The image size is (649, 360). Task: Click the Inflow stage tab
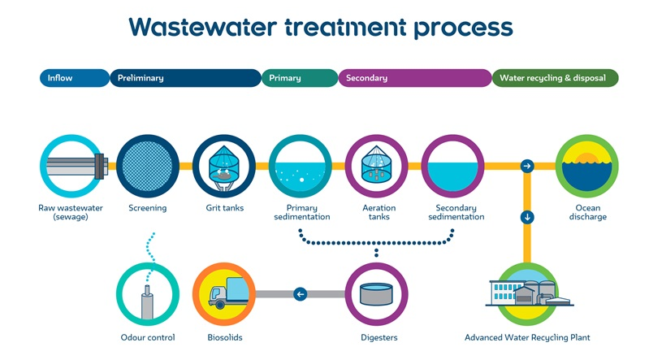[x=73, y=78]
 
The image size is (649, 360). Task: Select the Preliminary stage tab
[x=185, y=78]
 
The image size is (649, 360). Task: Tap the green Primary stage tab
[x=299, y=78]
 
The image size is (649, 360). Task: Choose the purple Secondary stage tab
[x=414, y=78]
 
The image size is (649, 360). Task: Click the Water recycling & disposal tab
[x=555, y=78]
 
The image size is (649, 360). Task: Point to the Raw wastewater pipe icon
[x=74, y=167]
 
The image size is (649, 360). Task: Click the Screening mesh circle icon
[x=148, y=167]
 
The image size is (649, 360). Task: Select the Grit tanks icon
[x=224, y=167]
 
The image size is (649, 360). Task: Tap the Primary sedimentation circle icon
[x=301, y=167]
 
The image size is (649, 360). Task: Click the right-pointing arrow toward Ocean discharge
[x=527, y=167]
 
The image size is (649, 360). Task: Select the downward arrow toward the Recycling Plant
[x=527, y=217]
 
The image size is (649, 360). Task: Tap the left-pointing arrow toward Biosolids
[x=301, y=293]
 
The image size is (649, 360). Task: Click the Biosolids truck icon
[x=224, y=294]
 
